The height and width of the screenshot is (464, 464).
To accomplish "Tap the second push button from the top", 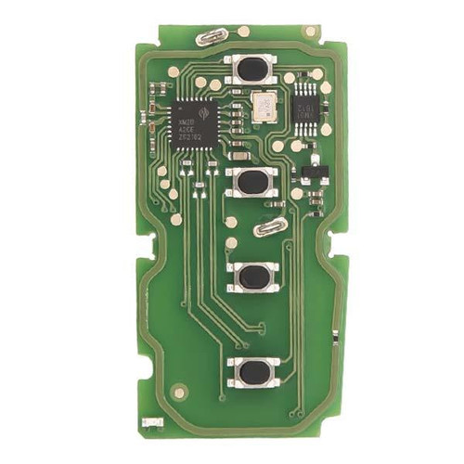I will [251, 181].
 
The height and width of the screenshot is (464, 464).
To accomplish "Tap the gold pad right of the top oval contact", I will [243, 31].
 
